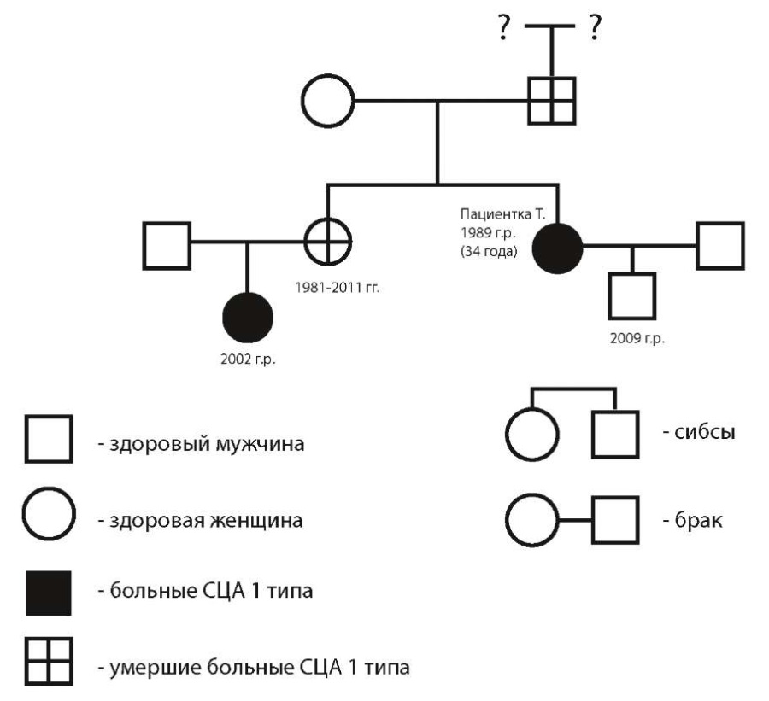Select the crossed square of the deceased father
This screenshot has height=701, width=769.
(x=551, y=100)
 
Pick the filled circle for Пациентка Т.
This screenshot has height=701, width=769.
(x=557, y=246)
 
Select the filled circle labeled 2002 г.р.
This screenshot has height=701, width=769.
(x=248, y=318)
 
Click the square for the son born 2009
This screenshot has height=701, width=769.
(x=633, y=295)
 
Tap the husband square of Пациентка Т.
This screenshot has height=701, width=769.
(x=719, y=246)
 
